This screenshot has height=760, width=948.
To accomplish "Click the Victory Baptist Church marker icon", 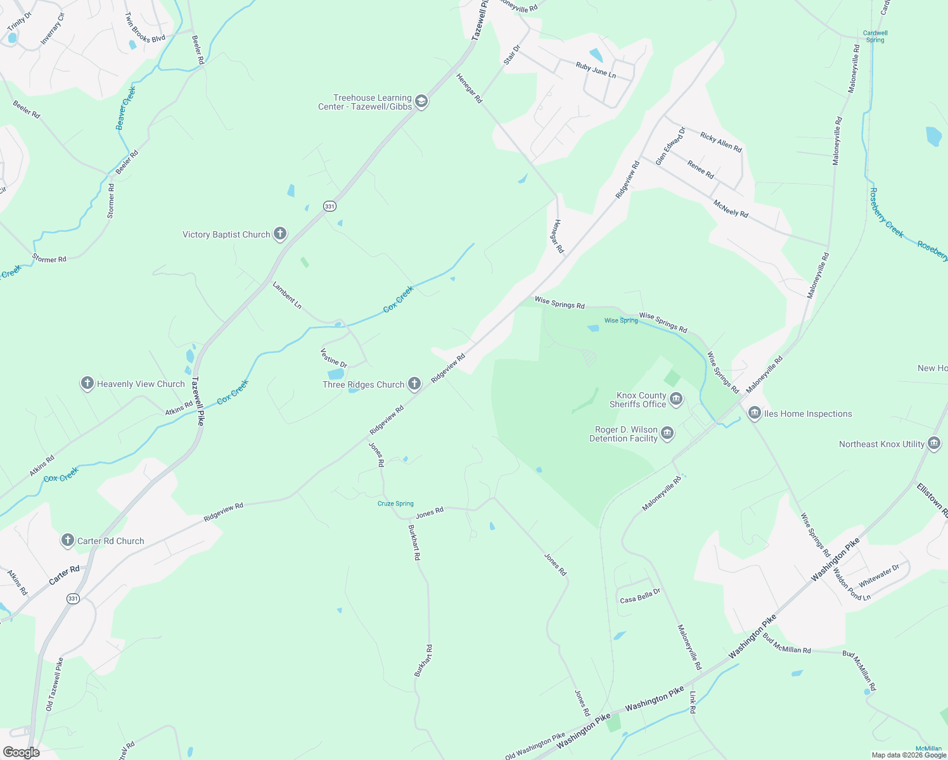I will coord(279,234).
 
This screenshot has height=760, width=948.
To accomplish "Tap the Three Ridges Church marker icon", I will coord(414,384).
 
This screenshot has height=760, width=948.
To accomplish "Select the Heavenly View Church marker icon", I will coord(87,383).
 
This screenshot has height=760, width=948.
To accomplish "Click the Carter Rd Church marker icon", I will coord(68,540).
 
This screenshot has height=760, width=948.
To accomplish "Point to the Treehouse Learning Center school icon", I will coord(421,101).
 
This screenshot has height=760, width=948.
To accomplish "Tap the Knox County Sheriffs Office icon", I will coord(676,399).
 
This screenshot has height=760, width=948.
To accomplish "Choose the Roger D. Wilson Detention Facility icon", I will coord(667,433).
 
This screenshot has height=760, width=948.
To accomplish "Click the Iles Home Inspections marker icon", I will coord(754,414).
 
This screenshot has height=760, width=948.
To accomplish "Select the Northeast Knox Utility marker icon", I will coord(933,444).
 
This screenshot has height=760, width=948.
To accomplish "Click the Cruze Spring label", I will coord(395,503).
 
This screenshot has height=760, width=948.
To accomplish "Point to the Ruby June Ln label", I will coord(596,70).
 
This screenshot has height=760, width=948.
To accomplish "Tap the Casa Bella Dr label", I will coord(640,595).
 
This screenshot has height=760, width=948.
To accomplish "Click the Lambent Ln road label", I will coord(287,295).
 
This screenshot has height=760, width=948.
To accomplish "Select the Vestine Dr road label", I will coord(334,358).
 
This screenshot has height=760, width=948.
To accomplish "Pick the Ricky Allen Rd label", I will coord(721,142).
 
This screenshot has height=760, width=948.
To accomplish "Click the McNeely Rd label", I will coord(731,208).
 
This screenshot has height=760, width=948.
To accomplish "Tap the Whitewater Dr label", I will coord(879,575).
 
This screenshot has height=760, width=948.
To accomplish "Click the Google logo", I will coord(22,752).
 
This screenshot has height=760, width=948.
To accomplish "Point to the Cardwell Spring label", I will coord(875,36).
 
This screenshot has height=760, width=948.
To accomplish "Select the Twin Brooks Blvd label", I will coord(144,29).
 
